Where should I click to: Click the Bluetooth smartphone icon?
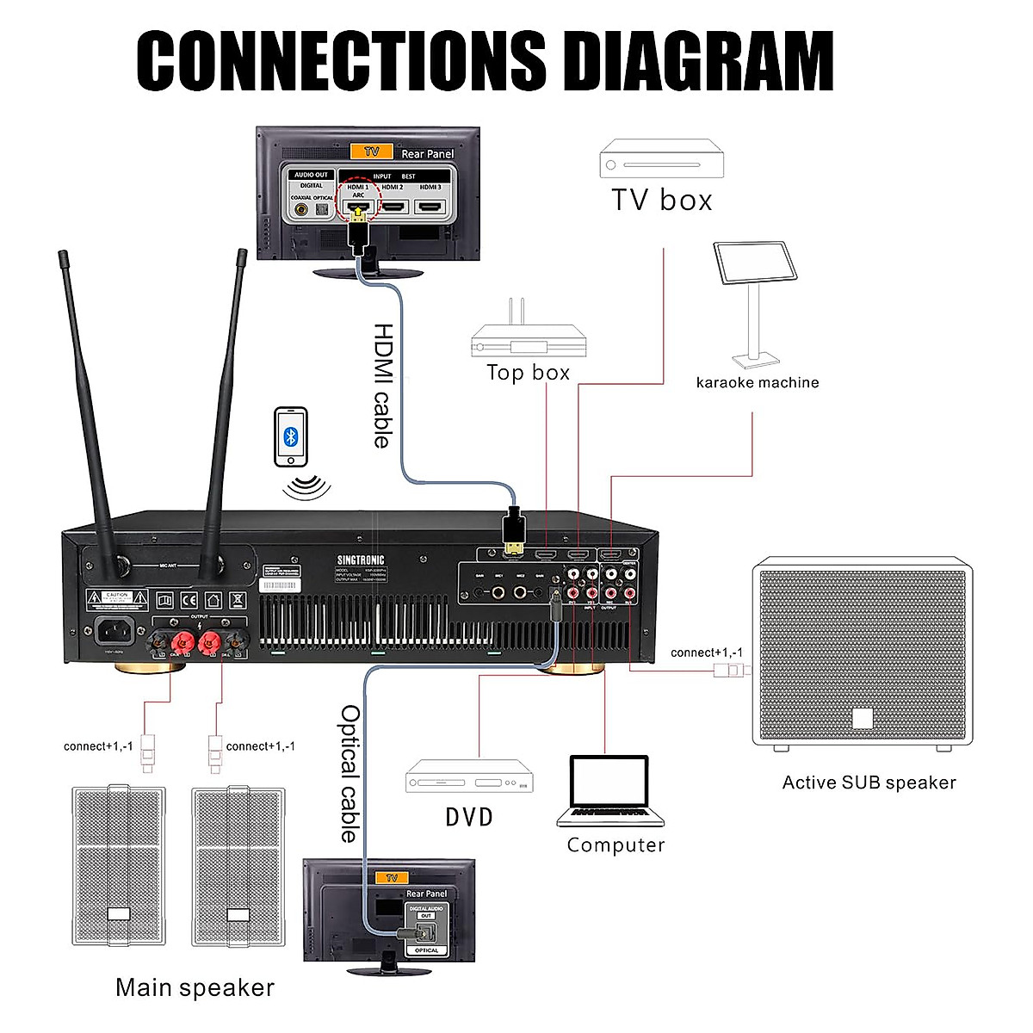coord(291,437)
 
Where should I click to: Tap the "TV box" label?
coord(662,200)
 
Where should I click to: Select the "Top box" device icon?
coord(528,335)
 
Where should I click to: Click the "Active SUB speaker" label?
coord(869,782)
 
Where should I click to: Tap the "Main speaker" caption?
coord(195,988)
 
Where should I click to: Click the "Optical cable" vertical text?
coord(349,773)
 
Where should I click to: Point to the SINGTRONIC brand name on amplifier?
coord(361,560)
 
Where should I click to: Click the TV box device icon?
coord(661,160)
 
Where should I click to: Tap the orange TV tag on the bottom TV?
coord(392,878)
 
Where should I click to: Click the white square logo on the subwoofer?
coord(862,718)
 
